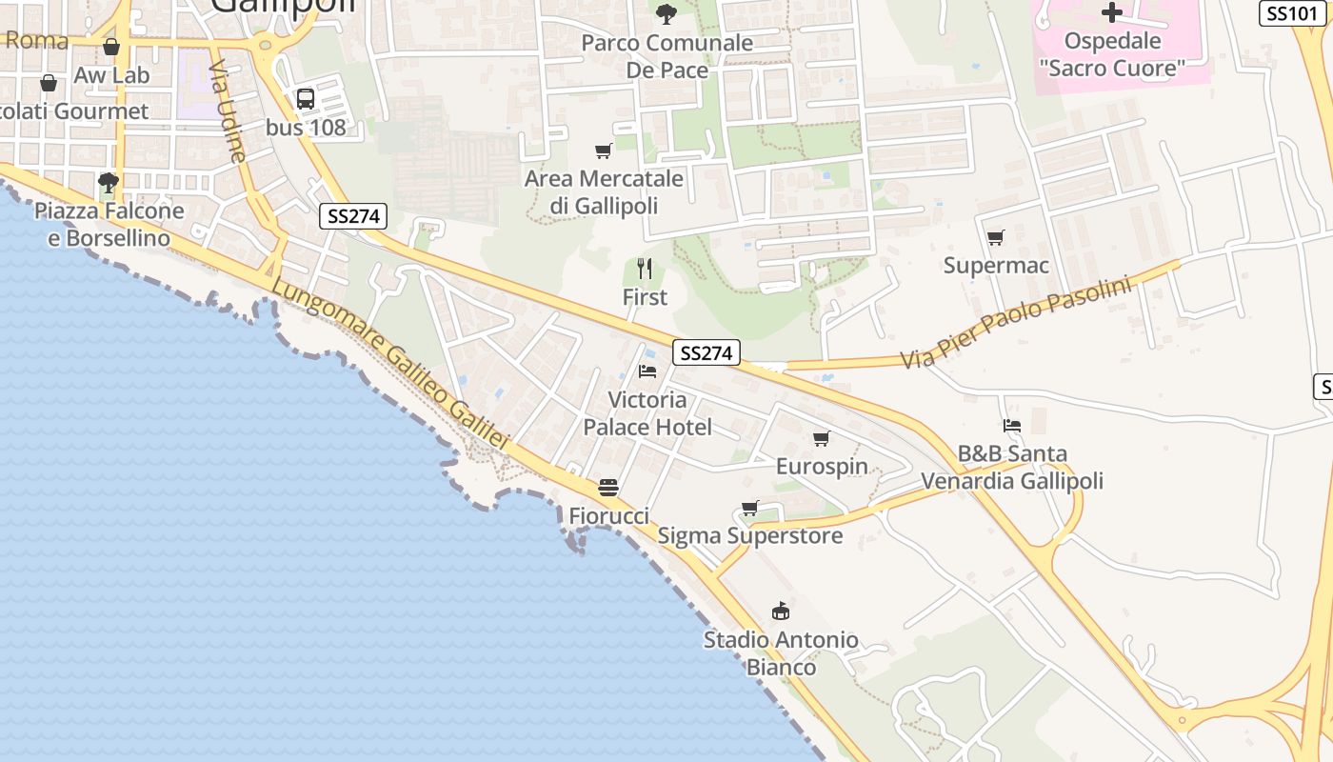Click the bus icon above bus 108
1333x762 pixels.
306,98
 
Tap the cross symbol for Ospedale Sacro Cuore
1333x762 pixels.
1111,12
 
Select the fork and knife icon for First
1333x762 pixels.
645,268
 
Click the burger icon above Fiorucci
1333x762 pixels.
608,488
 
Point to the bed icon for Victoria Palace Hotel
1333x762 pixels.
647,371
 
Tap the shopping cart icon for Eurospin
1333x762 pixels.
821,438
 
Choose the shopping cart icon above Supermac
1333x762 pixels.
995,237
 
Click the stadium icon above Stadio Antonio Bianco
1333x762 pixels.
781,611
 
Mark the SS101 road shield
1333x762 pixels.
1292,13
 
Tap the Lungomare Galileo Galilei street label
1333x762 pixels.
390,364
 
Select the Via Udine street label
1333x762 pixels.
228,112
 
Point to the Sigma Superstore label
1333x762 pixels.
750,535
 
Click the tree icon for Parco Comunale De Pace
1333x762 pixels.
666,13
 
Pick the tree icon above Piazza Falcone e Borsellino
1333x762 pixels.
109,182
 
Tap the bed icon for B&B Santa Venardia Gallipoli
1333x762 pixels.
1011,425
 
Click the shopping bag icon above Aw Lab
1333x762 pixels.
111,47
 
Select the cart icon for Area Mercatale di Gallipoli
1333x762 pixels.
603,150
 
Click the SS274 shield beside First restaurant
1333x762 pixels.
706,353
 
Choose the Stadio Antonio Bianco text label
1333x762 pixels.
781,652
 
